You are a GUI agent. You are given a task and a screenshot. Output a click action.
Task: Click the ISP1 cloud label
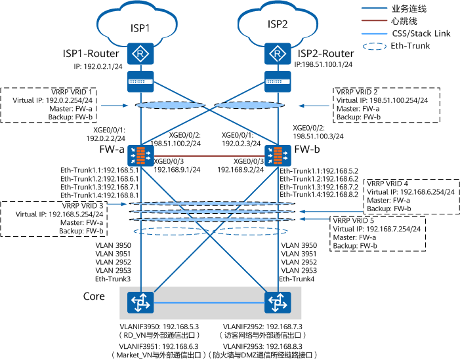(139, 28)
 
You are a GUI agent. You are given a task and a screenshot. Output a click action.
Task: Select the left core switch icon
(140, 302)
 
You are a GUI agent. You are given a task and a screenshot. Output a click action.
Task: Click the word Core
(94, 296)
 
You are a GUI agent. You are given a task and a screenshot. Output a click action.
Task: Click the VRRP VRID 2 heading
(358, 92)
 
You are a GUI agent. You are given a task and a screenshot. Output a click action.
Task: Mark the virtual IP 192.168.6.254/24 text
(419, 191)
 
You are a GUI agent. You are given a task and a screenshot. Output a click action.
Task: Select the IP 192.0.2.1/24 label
(99, 66)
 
